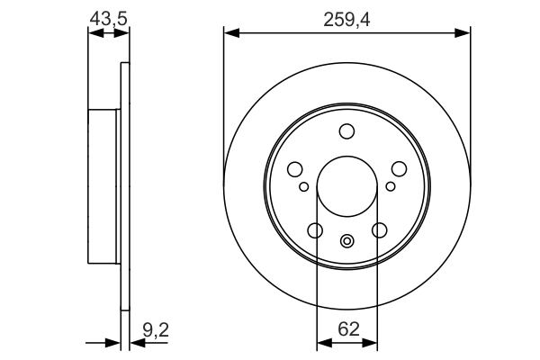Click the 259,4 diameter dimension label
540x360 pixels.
pyautogui.click(x=346, y=15)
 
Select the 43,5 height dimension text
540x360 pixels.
pyautogui.click(x=107, y=15)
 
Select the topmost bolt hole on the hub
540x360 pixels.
pyautogui.click(x=346, y=133)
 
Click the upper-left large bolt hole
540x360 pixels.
pyautogui.click(x=294, y=168)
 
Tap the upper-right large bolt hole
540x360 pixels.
pyautogui.click(x=399, y=168)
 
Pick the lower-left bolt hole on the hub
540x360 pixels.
pyautogui.click(x=315, y=231)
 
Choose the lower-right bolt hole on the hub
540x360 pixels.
pyautogui.click(x=379, y=231)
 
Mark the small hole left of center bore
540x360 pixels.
pyautogui.click(x=304, y=186)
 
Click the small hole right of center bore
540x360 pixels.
pyautogui.click(x=390, y=186)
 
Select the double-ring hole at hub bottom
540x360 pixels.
pyautogui.click(x=346, y=241)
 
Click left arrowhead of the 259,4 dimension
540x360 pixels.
pyautogui.click(x=229, y=33)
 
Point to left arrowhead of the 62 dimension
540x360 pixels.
pyautogui.click(x=322, y=343)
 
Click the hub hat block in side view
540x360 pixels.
pyautogui.click(x=103, y=185)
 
